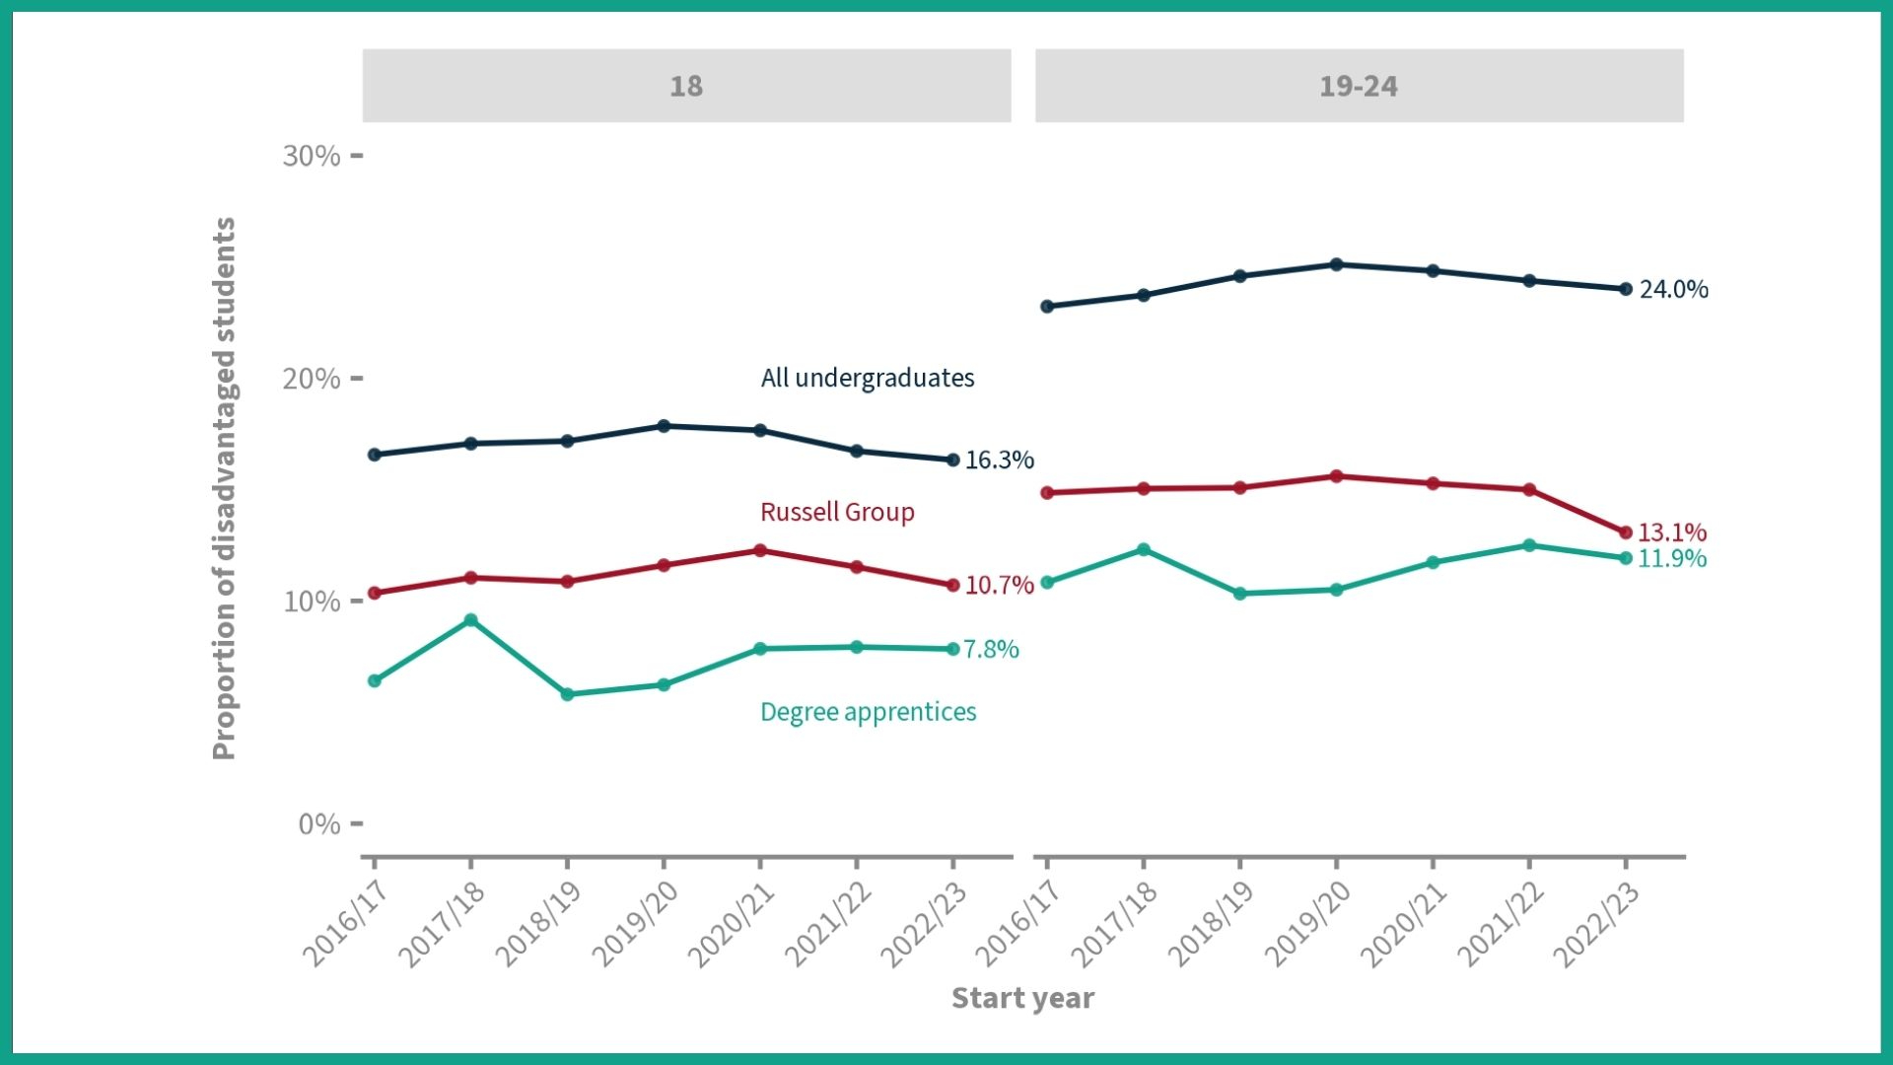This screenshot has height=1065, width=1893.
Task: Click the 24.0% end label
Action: click(1673, 289)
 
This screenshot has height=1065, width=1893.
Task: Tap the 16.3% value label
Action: click(999, 460)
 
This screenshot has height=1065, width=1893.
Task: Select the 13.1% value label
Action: click(1671, 532)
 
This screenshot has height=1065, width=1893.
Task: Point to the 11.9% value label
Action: click(1671, 558)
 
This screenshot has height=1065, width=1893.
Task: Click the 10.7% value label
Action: click(999, 585)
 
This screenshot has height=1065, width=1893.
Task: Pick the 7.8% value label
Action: click(991, 649)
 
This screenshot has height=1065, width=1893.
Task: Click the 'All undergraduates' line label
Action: click(868, 378)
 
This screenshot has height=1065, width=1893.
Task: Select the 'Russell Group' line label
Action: click(837, 512)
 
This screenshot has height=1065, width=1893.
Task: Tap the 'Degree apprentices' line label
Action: click(868, 712)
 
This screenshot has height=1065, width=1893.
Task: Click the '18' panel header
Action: click(686, 86)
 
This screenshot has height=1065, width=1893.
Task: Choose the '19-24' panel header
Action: click(1359, 86)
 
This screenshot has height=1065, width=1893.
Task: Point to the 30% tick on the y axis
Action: click(312, 156)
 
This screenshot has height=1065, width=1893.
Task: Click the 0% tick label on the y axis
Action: click(319, 823)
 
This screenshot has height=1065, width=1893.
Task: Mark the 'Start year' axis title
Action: click(1022, 998)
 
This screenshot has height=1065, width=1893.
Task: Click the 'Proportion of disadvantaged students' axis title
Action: click(225, 488)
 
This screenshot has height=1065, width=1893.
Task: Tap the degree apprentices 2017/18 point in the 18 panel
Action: click(470, 620)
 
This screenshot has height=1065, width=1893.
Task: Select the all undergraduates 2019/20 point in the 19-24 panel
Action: click(1336, 264)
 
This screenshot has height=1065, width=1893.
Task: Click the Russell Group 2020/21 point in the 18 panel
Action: click(760, 550)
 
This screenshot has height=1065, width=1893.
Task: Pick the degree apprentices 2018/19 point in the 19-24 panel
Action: click(1240, 594)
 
